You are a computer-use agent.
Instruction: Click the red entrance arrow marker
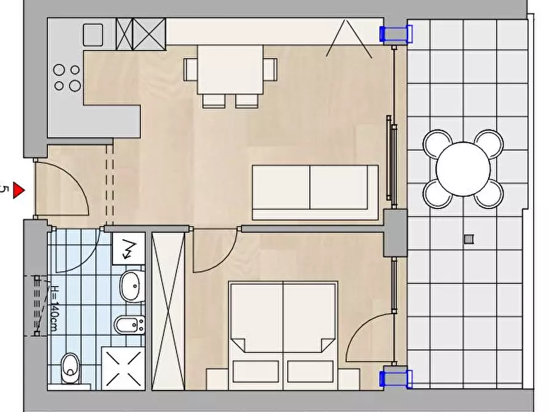[x=18, y=190]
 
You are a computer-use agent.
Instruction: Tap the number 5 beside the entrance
[x=4, y=189]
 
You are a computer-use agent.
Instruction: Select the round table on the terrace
[x=463, y=169]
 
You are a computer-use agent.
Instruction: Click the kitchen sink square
[x=93, y=34]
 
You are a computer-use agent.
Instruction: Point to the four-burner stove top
[x=67, y=77]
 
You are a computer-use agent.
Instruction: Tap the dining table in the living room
[x=230, y=69]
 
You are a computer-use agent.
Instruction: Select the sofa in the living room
[x=315, y=192]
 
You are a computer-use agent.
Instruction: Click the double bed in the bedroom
[x=283, y=335]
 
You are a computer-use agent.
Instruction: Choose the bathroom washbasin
[x=132, y=286]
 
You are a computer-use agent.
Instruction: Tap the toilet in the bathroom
[x=70, y=368]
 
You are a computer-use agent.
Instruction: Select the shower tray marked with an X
[x=123, y=368]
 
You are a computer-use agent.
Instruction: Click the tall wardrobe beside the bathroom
[x=168, y=311]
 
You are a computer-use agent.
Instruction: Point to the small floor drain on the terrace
[x=468, y=239]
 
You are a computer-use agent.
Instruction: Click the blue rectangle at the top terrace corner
[x=397, y=34]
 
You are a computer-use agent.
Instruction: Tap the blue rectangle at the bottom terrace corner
[x=397, y=379]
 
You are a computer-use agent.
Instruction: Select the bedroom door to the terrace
[x=370, y=338]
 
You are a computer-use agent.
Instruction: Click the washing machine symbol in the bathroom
[x=128, y=248]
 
